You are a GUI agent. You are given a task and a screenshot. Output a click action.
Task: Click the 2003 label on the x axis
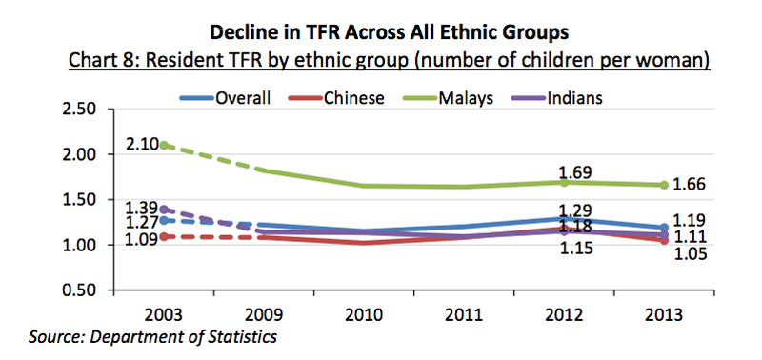(x=168, y=314)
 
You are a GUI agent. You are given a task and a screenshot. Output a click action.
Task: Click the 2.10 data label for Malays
(x=138, y=146)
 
